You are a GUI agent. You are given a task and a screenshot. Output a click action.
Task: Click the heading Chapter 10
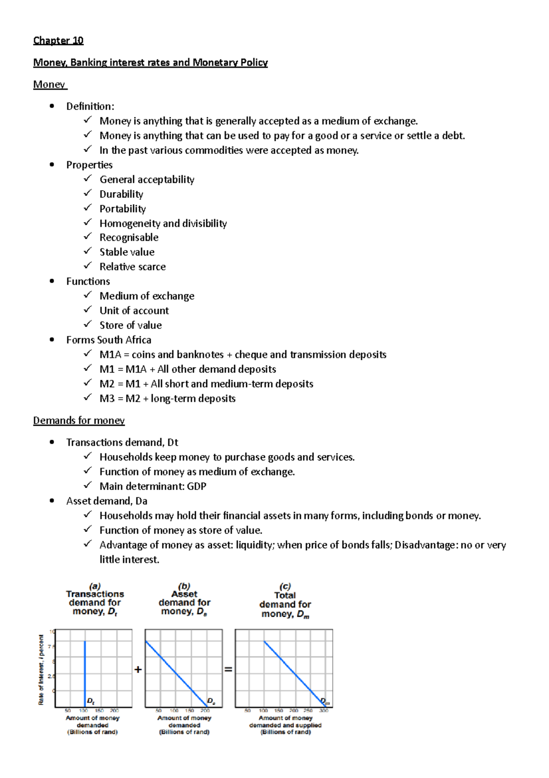pyautogui.click(x=58, y=40)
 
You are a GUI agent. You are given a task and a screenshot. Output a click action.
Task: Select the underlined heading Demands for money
pyautogui.click(x=79, y=420)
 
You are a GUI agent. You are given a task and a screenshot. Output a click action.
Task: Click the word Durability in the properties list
pyautogui.click(x=121, y=194)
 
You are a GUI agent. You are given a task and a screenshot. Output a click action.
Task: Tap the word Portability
pyautogui.click(x=123, y=208)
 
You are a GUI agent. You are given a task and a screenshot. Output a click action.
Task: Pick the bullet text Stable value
pyautogui.click(x=127, y=252)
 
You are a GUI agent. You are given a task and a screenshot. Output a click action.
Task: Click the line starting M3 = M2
pyautogui.click(x=167, y=399)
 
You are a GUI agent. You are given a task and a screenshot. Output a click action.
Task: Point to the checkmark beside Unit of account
pyautogui.click(x=88, y=310)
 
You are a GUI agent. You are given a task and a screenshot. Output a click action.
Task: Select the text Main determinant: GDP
pyautogui.click(x=153, y=486)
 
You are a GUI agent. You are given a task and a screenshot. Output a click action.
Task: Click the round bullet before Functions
pyautogui.click(x=52, y=281)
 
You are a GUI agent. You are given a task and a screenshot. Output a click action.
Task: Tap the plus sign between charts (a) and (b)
pyautogui.click(x=138, y=669)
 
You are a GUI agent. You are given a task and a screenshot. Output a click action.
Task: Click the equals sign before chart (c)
pyautogui.click(x=228, y=669)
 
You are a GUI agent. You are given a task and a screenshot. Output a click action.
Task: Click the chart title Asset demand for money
pyautogui.click(x=184, y=603)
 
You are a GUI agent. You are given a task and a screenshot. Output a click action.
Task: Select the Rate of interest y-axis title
pyautogui.click(x=41, y=669)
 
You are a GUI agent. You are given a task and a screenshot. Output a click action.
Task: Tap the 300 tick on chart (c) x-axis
pyautogui.click(x=323, y=711)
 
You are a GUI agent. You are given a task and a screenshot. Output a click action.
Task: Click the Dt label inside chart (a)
pyautogui.click(x=91, y=701)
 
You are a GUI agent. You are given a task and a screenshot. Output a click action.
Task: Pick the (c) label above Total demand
pyautogui.click(x=285, y=586)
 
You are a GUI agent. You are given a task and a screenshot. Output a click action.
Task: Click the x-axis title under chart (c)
pyautogui.click(x=285, y=725)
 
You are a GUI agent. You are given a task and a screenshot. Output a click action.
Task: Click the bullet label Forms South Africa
pyautogui.click(x=108, y=340)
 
